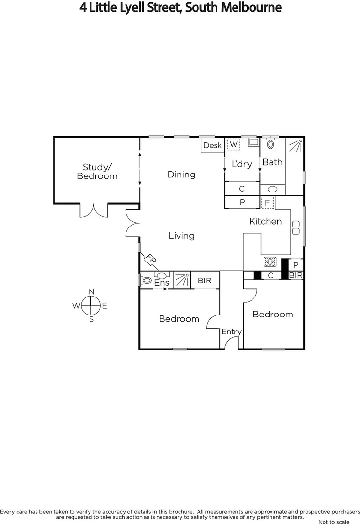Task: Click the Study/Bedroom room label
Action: pos(97,171)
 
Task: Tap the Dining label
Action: pos(181,175)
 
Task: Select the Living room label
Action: pos(181,236)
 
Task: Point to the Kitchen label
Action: pos(266,221)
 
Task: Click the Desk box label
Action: pos(212,145)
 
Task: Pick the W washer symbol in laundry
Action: pos(234,144)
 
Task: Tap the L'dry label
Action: pos(241,164)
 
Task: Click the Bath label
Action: pos(272,162)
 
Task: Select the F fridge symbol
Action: pos(267,202)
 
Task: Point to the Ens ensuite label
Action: pos(162,282)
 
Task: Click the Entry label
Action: pos(232,332)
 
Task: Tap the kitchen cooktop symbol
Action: pos(270,262)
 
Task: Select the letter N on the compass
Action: pos(91,291)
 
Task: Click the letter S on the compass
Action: pos(91,319)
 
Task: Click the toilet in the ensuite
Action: pos(146,280)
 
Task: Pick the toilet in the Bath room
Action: pos(271,144)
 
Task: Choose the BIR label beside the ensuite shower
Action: pos(204,280)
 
